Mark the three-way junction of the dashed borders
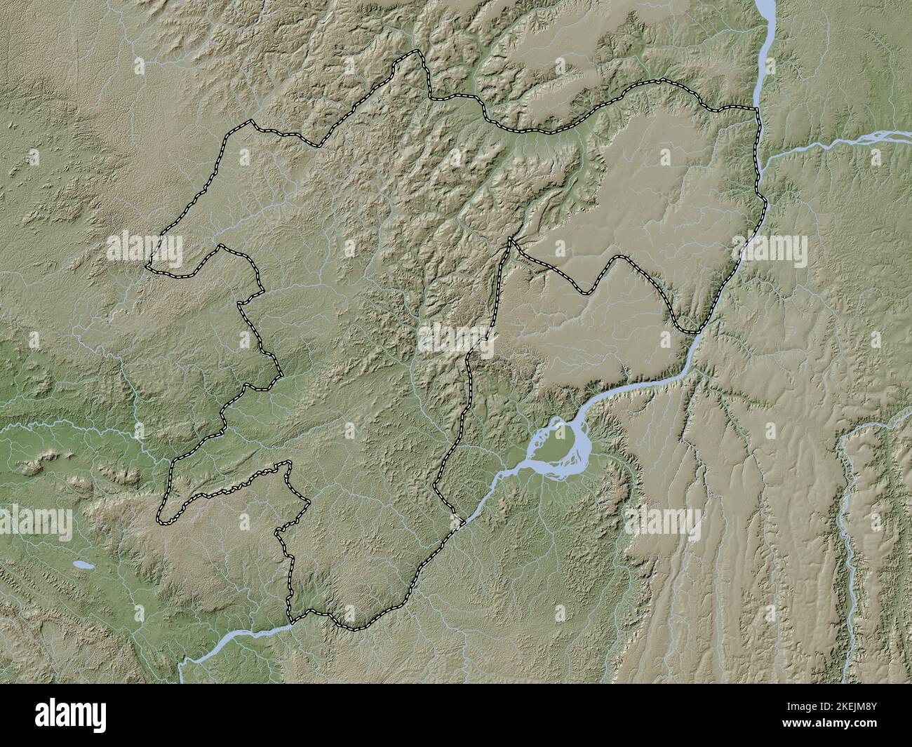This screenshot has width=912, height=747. (x=510, y=239)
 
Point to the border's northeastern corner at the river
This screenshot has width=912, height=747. (x=756, y=110)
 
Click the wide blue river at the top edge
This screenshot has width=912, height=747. (x=764, y=11)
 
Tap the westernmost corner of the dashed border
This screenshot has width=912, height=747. (x=147, y=267)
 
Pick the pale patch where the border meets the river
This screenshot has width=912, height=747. (x=457, y=520)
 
